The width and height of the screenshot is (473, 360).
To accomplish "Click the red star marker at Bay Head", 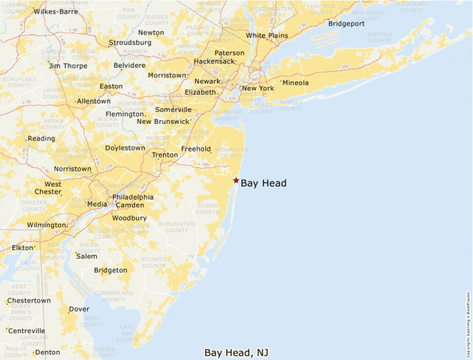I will point(236,180).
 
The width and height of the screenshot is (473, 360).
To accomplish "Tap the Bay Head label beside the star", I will point(263,183).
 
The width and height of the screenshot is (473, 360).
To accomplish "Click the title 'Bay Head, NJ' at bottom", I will point(236,352).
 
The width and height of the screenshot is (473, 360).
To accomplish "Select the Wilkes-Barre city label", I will point(55,12).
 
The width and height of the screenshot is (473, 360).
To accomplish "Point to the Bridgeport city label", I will point(346,23).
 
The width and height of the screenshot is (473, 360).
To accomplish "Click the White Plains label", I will point(267,35).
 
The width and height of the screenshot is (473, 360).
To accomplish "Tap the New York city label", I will point(258,88).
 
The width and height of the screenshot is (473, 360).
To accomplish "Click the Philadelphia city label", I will point(133,197).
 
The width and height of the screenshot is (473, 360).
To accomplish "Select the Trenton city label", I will point(165,155).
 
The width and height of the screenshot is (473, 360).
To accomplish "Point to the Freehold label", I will point(196,149).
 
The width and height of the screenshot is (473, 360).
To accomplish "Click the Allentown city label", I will point(93,101).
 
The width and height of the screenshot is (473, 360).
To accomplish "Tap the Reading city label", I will point(41,139).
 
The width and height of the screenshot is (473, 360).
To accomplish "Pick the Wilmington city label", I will point(46,225).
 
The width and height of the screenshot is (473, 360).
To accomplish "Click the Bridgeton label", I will point(111,270).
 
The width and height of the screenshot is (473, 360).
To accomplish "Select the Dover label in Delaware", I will point(79,309).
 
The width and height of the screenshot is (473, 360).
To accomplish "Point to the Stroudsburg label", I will point(129,43).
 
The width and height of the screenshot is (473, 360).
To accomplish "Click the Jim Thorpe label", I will point(68,66).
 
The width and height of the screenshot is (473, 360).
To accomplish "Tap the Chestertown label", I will point(29,301).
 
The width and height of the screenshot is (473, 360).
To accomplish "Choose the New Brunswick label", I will point(163,122).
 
